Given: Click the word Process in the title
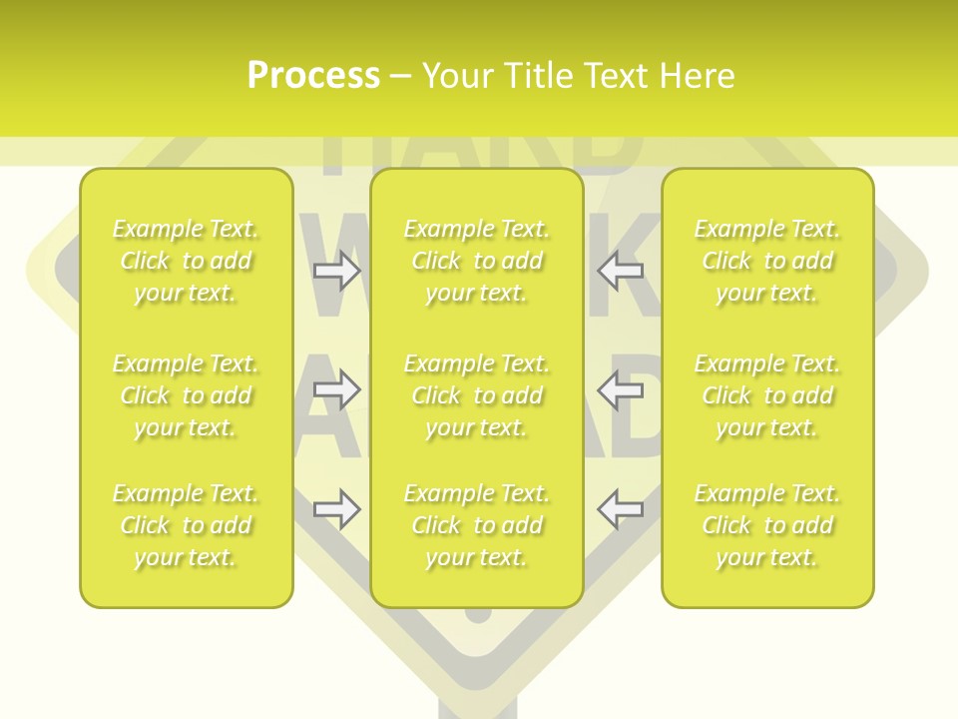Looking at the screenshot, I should click(313, 76).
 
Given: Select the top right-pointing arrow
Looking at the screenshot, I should click(336, 271).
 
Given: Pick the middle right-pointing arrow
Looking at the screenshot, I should click(336, 389).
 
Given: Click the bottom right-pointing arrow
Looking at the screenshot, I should click(336, 509).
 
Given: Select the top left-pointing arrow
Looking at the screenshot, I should click(621, 271).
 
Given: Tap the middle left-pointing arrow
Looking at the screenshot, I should click(621, 389).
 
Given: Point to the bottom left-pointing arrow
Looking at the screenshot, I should click(621, 509).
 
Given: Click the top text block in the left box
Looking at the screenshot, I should click(186, 261).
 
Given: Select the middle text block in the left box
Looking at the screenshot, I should click(186, 395).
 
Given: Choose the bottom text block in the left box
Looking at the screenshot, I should click(186, 525).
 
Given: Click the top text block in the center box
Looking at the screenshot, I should click(477, 261).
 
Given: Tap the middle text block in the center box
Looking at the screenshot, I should click(477, 395).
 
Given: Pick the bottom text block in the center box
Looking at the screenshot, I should click(477, 525).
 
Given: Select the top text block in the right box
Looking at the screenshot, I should click(767, 261).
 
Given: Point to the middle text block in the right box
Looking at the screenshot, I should click(767, 395).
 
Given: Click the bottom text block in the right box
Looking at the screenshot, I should click(767, 525).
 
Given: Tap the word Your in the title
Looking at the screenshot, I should click(457, 76).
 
